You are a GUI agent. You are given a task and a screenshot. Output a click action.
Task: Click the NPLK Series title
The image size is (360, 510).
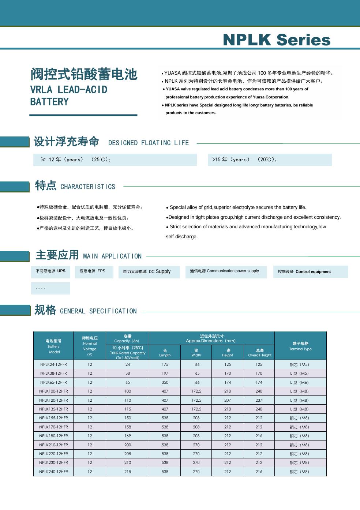[277, 40]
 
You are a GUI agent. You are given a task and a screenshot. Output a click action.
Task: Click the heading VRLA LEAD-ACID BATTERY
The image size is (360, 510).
[69, 95]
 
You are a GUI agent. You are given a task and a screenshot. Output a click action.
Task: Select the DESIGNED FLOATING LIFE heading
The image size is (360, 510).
[149, 143]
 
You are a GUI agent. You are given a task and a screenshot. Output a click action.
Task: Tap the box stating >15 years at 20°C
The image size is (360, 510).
[270, 160]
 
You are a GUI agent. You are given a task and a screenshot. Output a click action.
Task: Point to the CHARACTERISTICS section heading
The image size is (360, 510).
[88, 187]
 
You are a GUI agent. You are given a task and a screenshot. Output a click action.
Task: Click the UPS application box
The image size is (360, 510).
[50, 271]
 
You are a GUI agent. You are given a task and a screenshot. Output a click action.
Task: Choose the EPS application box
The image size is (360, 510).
[94, 271]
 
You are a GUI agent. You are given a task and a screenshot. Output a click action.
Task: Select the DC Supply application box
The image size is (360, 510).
[149, 271]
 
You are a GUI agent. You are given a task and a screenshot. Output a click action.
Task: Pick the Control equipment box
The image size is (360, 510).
[310, 271]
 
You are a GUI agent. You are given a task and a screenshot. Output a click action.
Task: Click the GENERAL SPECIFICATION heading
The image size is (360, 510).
[98, 311]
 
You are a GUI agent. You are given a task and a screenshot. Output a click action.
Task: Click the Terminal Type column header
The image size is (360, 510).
[300, 346]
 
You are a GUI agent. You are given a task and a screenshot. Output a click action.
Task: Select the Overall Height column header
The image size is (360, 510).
[259, 353]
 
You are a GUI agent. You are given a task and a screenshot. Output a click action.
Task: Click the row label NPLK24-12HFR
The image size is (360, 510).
[53, 364]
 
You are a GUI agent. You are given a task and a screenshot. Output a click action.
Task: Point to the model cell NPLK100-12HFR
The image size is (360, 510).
[53, 391]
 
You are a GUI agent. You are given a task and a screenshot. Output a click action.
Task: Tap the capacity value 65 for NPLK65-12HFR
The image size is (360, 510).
[128, 382]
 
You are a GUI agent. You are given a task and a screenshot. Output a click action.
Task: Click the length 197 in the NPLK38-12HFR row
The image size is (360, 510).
[165, 373]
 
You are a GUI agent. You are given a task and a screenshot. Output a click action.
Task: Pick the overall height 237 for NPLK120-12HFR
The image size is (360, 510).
[259, 400]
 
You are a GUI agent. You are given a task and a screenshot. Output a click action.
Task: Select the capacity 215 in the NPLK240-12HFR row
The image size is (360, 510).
[128, 472]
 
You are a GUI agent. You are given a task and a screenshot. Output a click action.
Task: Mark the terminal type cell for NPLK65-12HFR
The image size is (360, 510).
[300, 382]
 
